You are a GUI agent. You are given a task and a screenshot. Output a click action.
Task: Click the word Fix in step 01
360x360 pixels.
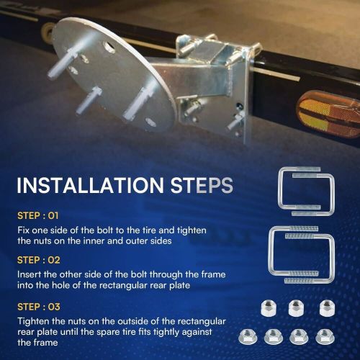23,229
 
